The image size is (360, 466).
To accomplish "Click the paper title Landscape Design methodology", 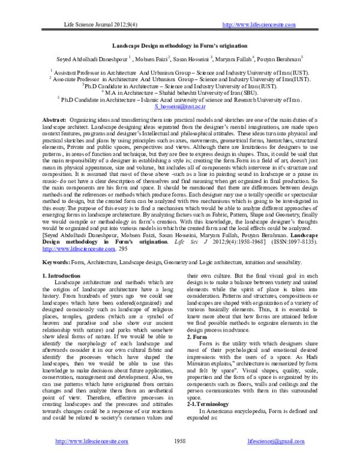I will [x=180, y=45].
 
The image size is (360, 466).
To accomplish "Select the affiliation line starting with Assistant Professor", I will [x=180, y=71].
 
